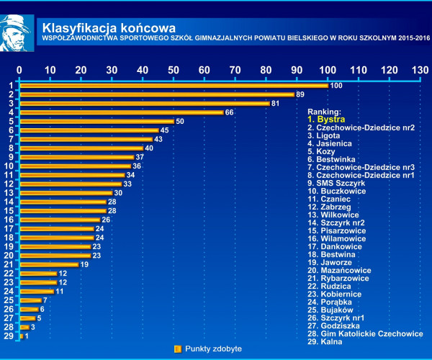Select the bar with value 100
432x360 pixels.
174,86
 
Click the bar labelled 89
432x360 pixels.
156,94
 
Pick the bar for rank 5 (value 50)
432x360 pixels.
96,121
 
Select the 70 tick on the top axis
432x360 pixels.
235,69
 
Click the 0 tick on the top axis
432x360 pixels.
19,69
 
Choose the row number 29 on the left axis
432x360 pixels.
9,336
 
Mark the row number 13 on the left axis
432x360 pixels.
9,193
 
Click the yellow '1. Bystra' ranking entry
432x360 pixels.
325,120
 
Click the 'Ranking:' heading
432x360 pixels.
325,112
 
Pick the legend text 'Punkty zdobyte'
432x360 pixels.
213,349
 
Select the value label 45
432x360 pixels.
164,130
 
